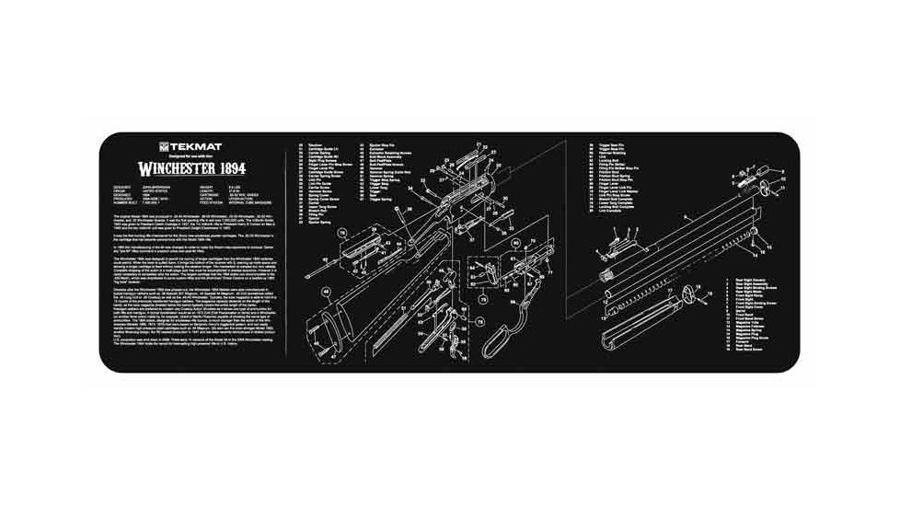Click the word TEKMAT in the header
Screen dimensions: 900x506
190,145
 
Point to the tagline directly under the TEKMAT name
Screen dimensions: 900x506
191,155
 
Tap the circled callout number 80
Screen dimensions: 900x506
517,244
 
